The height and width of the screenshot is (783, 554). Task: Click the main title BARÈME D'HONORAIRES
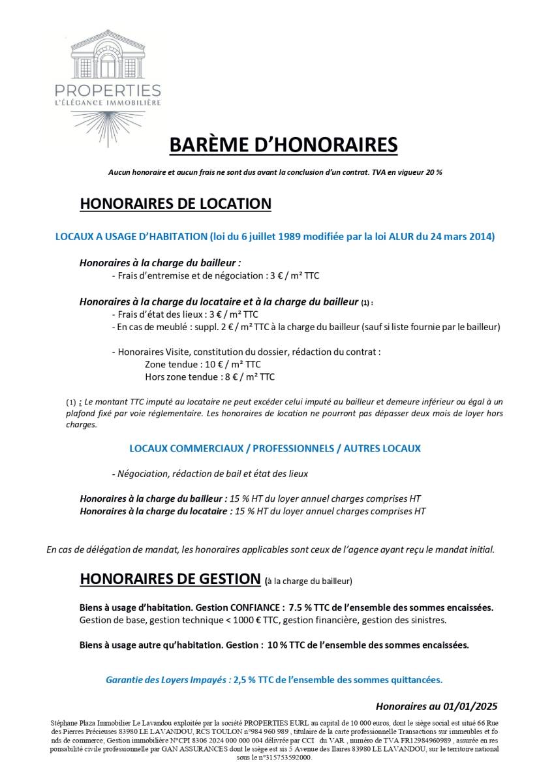pos(283,145)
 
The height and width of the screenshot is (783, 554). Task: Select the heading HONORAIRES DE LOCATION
pos(175,204)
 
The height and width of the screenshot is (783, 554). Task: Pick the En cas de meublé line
pos(305,326)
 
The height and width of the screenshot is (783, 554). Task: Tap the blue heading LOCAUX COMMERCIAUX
pos(275,449)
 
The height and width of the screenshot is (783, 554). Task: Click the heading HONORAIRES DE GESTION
pos(170,579)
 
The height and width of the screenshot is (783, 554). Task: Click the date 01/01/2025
pos(468,706)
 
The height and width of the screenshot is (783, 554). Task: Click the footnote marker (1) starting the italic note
pos(71,403)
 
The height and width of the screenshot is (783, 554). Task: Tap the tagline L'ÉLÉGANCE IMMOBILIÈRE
pos(108,102)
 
